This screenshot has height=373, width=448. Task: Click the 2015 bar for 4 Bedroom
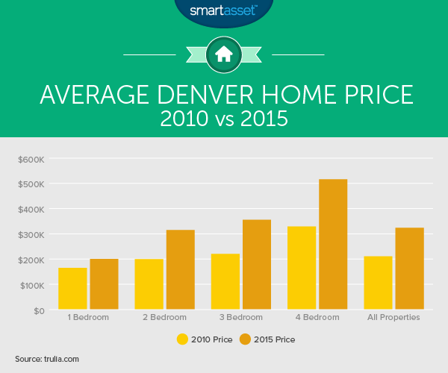[x=333, y=244]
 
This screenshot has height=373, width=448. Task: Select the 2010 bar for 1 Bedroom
[x=72, y=289]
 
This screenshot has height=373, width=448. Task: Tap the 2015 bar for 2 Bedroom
[x=181, y=269]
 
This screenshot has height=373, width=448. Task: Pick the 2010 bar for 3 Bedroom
[x=225, y=281]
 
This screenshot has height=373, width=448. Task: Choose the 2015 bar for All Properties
[x=410, y=269]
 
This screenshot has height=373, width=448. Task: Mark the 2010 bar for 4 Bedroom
[x=302, y=268]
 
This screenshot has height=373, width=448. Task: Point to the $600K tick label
[x=31, y=160]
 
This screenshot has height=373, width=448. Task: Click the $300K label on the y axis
[x=31, y=235]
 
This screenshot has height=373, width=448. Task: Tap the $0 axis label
[x=39, y=311]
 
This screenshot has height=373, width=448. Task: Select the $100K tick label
[x=32, y=286]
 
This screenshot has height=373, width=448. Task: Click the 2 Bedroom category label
[x=164, y=317]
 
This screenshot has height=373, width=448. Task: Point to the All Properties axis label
[x=393, y=317]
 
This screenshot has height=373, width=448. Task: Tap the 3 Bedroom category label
[x=241, y=317]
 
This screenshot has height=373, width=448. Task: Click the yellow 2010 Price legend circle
[x=182, y=339]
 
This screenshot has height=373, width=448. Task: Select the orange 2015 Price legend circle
[x=245, y=339]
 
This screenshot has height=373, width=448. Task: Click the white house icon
[x=224, y=54]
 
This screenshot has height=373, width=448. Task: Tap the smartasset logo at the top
[x=224, y=10]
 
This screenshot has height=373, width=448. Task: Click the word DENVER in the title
[x=205, y=95]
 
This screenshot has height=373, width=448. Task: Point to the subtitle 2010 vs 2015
[x=224, y=119]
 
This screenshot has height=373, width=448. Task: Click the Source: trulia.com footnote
[x=47, y=359]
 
